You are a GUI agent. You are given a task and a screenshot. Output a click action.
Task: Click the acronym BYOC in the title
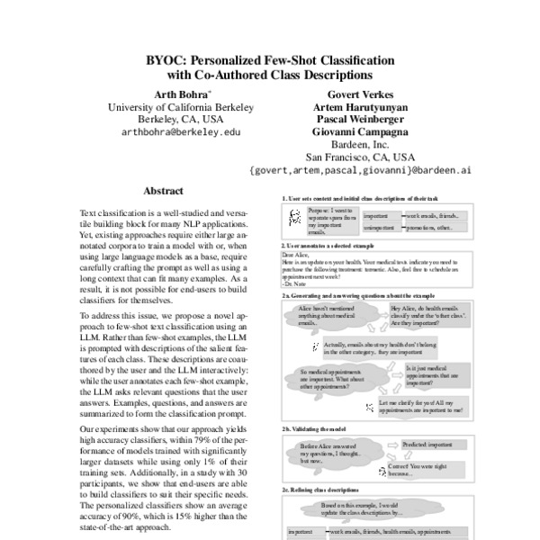[x=166, y=60]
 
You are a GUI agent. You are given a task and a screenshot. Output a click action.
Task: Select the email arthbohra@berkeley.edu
[x=180, y=131]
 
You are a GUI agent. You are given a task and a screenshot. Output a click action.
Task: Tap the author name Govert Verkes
[x=359, y=93]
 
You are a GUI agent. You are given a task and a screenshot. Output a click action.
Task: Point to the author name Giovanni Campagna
[x=359, y=131]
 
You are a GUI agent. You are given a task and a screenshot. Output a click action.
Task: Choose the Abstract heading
[x=163, y=191]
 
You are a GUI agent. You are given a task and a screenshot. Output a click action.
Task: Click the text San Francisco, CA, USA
[x=359, y=157]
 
